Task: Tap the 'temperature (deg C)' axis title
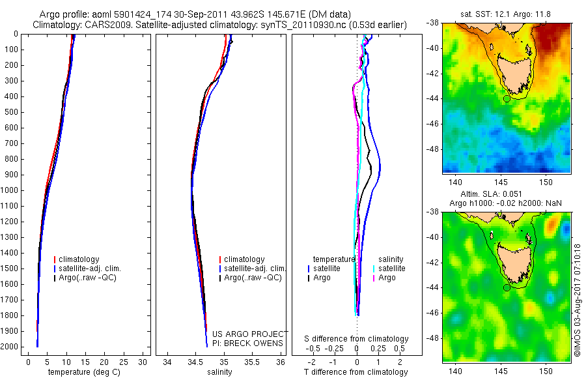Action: (84, 372)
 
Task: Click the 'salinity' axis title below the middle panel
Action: (219, 372)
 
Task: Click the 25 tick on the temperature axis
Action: (123, 362)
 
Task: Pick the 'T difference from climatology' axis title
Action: (356, 372)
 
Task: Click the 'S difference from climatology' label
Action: (356, 339)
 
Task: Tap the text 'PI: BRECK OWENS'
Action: (247, 343)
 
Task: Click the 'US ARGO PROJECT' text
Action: (250, 334)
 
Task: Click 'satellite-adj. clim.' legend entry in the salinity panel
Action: (252, 269)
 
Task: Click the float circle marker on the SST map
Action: (507, 99)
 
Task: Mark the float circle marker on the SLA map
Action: (507, 288)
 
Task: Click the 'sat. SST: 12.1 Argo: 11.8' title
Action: (505, 14)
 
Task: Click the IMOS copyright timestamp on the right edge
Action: (578, 300)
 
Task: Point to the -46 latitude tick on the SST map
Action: (433, 124)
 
